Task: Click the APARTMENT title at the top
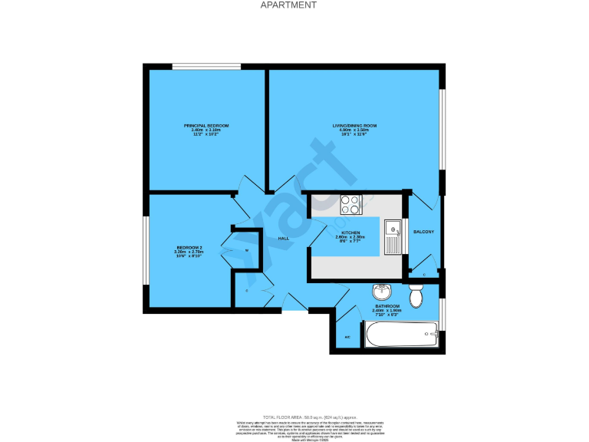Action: tap(288, 5)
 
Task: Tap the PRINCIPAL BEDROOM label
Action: tap(206, 125)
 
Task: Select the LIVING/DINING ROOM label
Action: tap(354, 125)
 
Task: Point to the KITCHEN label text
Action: tap(350, 232)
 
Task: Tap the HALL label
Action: tap(282, 239)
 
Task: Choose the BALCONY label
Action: tap(423, 232)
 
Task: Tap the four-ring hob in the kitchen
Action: tap(350, 204)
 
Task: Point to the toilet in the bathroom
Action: tap(416, 295)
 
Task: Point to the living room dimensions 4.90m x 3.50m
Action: tap(354, 130)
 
